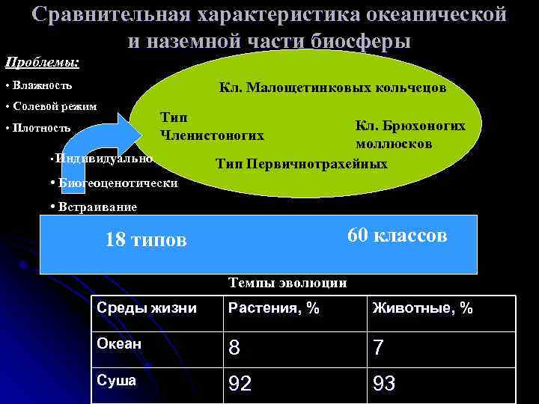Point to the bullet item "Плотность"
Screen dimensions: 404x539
click(41, 128)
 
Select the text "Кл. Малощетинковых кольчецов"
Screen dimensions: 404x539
click(332, 88)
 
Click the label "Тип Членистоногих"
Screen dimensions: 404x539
click(212, 126)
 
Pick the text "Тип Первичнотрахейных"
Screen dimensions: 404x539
click(301, 164)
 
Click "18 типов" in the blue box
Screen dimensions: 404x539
click(146, 240)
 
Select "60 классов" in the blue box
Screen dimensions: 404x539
click(397, 236)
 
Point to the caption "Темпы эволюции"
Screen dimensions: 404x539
click(287, 283)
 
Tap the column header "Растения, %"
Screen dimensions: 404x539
click(274, 307)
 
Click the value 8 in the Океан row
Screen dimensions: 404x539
click(235, 346)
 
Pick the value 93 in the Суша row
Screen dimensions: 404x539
click(383, 385)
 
